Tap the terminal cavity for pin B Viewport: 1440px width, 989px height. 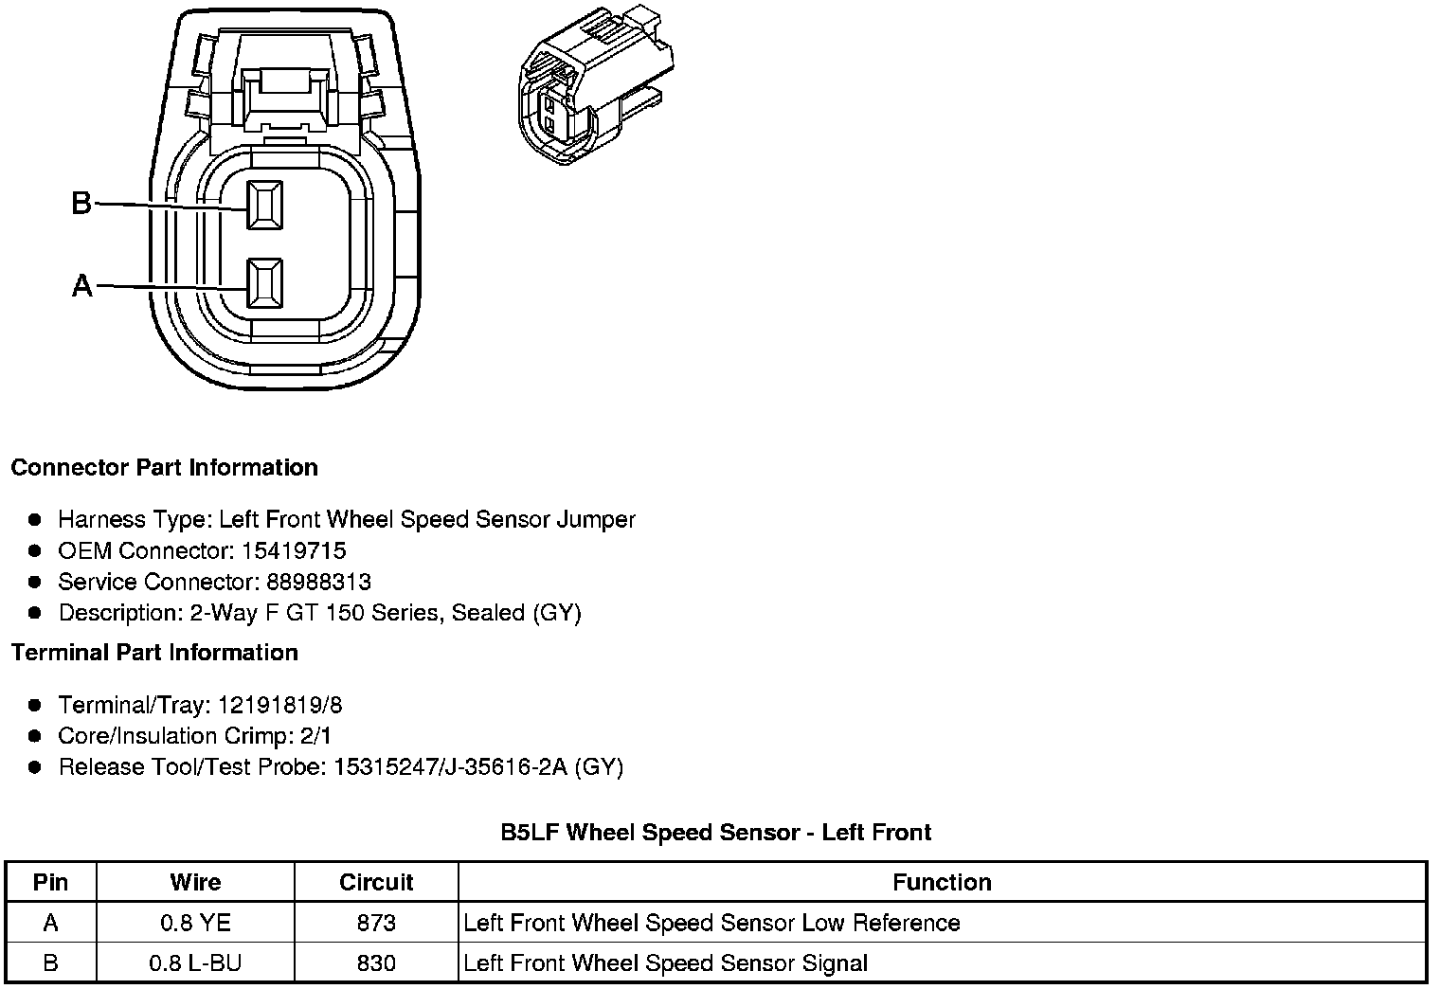pos(264,204)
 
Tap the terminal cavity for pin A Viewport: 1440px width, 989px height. pos(264,283)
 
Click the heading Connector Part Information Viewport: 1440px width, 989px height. pos(164,468)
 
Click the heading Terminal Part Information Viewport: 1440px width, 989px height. pos(154,653)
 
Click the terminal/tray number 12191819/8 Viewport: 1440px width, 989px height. pos(279,705)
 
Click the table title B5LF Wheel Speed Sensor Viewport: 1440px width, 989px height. pos(715,833)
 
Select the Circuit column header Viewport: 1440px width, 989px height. pos(376,882)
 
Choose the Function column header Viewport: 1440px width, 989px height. pos(942,882)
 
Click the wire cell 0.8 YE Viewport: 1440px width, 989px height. pos(195,923)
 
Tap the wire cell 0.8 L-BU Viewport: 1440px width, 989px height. pos(195,963)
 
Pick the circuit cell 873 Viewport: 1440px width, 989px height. pos(376,923)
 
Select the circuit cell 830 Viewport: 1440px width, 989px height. pos(376,963)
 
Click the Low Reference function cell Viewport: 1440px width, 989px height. pos(711,923)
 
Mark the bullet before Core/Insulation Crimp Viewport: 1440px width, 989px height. pos(35,736)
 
